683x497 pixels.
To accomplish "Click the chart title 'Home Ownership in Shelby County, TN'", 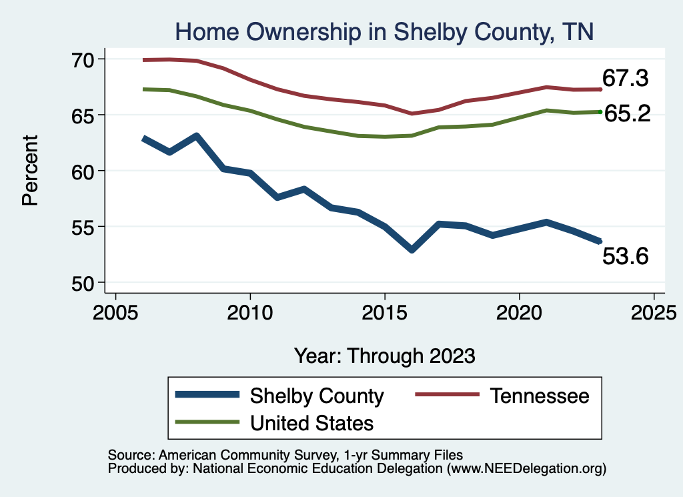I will [384, 31].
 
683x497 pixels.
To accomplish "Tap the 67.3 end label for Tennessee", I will [625, 79].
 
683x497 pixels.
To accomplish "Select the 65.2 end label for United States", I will [627, 113].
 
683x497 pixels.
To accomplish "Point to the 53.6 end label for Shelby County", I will [625, 256].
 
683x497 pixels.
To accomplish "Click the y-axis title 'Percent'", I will [30, 171].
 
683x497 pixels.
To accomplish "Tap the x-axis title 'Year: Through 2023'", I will [385, 356].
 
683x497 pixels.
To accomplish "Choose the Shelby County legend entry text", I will [317, 396].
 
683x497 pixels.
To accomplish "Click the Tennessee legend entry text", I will [540, 396].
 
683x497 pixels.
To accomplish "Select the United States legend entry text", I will [311, 422].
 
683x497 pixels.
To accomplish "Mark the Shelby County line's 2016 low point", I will [412, 250].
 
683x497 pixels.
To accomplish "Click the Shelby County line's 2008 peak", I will [197, 136].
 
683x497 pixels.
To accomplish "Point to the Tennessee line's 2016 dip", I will [412, 113].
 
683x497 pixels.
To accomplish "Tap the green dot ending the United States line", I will [600, 112].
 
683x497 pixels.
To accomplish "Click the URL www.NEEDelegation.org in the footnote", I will [526, 469].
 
